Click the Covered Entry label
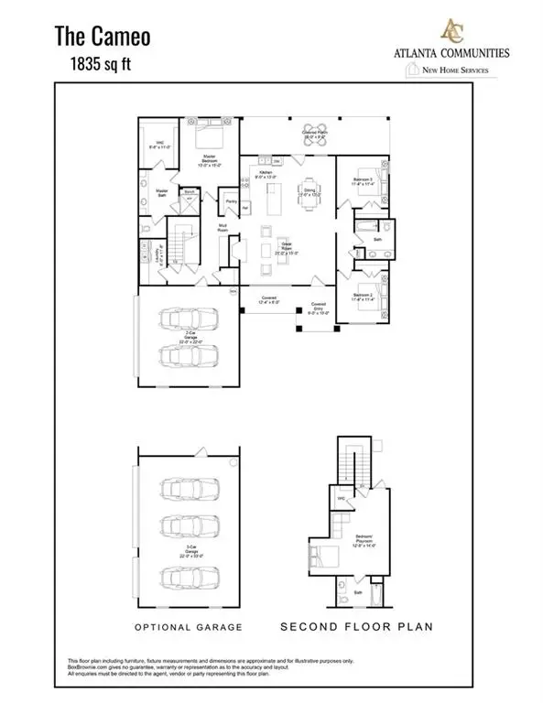(319, 306)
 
